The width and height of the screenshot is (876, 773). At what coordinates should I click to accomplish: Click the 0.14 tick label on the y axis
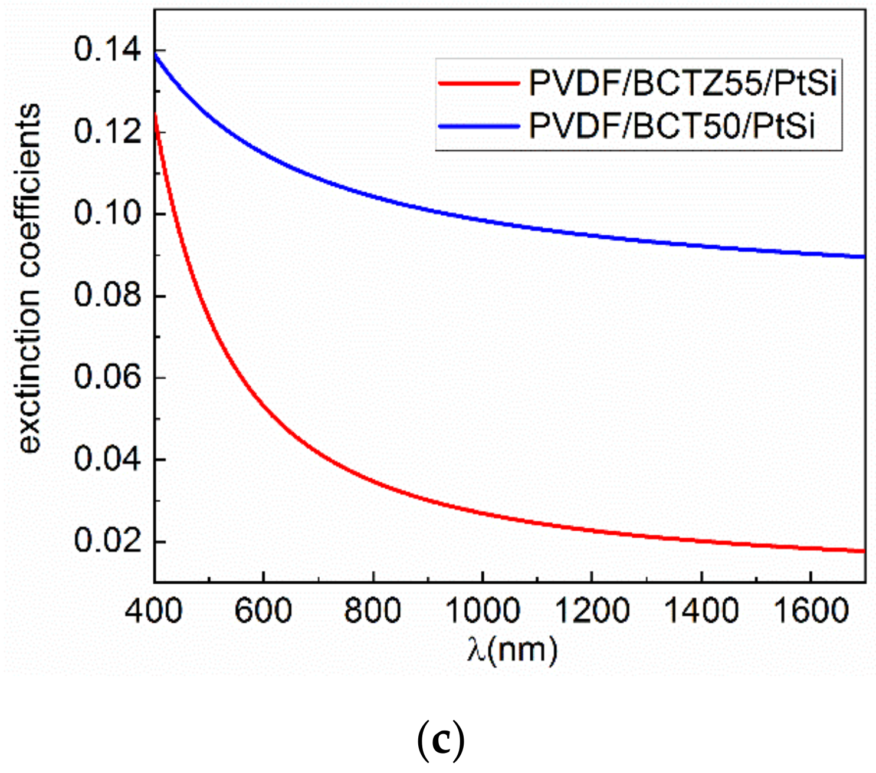[x=108, y=50]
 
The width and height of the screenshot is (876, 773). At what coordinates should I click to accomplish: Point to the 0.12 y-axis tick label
[x=108, y=131]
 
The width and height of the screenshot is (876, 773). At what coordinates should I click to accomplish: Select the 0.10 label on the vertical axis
[x=108, y=213]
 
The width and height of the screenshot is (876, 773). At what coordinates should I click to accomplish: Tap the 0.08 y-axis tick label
[x=108, y=295]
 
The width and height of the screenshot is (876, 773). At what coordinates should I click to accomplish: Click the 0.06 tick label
[x=108, y=377]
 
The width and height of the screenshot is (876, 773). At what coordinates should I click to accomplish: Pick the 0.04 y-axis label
[x=108, y=459]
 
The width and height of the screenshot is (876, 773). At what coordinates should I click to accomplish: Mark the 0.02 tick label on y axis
[x=108, y=541]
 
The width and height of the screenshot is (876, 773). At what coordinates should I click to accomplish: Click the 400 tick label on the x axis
[x=154, y=611]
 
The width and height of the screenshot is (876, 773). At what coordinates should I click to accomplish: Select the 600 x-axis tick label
[x=263, y=611]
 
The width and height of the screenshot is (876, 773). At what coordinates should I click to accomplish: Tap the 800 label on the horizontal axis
[x=373, y=611]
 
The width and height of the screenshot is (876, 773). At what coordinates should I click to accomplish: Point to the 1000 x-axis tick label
[x=482, y=611]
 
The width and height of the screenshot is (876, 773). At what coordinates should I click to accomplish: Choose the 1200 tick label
[x=592, y=611]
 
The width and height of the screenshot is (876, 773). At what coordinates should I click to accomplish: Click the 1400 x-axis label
[x=701, y=611]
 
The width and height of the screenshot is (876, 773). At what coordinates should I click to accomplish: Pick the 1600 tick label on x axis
[x=811, y=611]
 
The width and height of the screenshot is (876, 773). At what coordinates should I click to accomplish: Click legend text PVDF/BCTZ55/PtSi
[x=683, y=84]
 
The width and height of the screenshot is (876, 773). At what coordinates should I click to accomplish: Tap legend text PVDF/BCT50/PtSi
[x=672, y=126]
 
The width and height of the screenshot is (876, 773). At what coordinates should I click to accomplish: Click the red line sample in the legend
[x=478, y=83]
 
